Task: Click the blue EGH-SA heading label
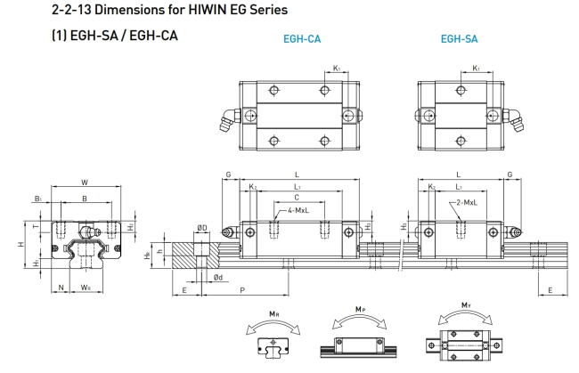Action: pos(459,39)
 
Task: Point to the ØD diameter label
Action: pos(202,229)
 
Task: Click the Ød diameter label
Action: pos(218,277)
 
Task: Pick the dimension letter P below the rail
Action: pos(242,291)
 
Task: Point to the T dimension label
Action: pos(36,227)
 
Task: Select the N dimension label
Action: pos(61,287)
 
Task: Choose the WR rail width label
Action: pos(85,287)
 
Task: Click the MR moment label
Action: pos(271,312)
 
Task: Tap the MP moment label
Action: pos(359,309)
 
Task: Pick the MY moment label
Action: pos(465,305)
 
